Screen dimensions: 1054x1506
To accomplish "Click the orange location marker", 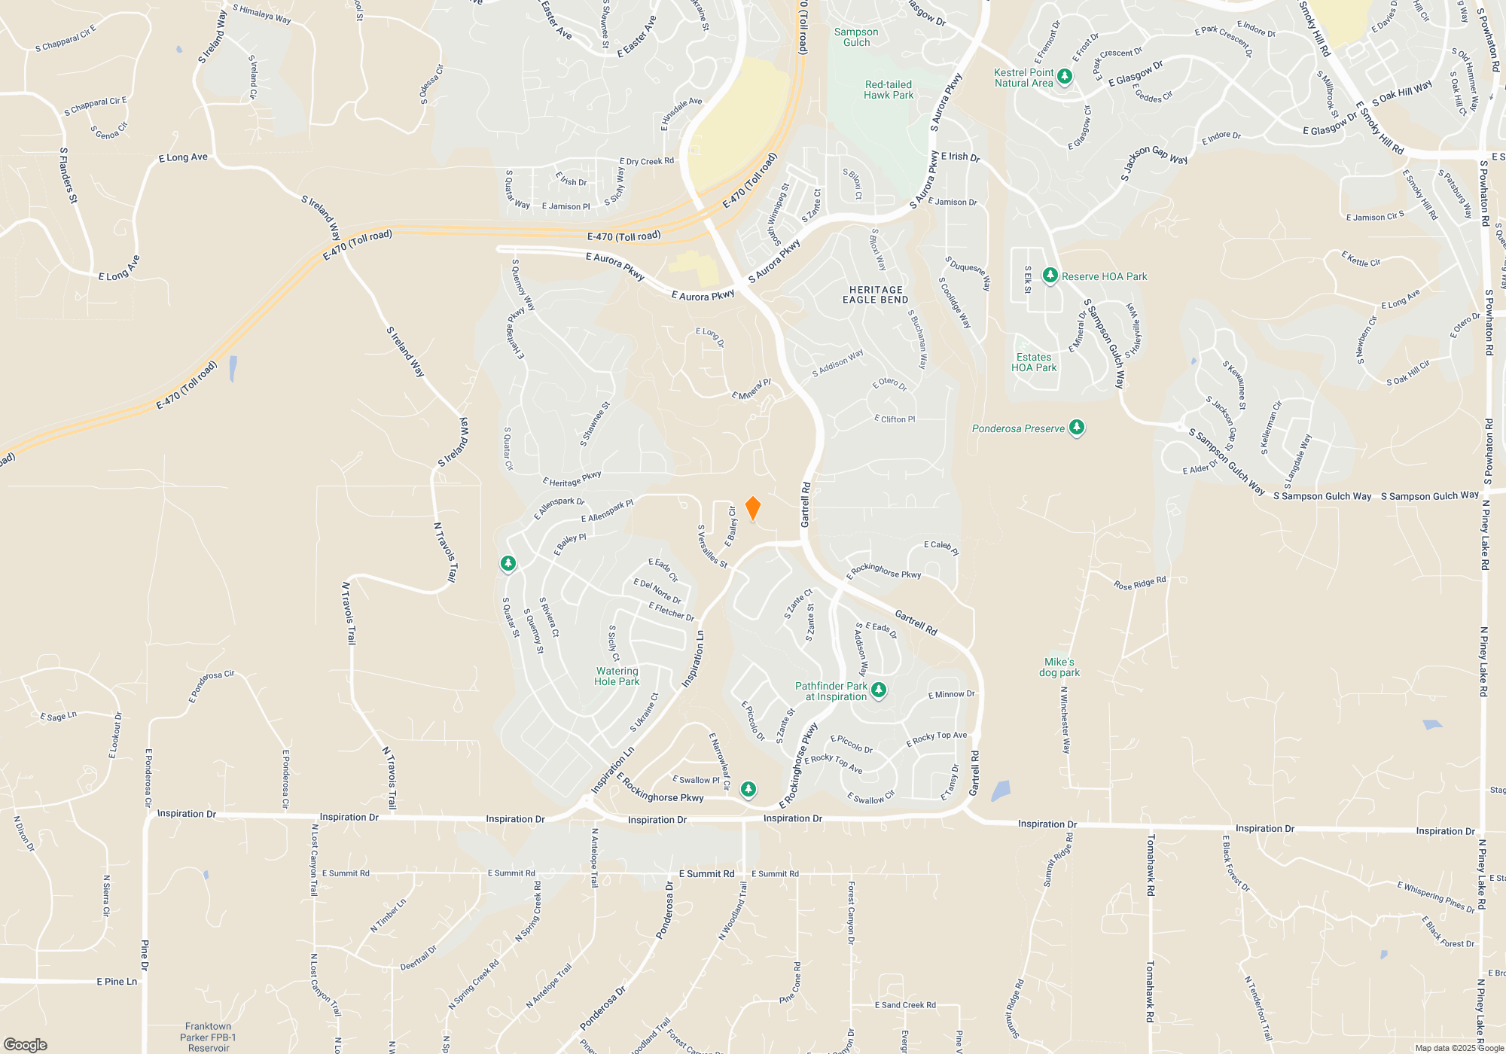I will [x=752, y=508].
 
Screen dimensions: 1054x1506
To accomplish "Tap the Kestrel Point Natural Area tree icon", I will [x=1065, y=76].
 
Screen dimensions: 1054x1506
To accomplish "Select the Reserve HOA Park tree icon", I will [x=1050, y=276].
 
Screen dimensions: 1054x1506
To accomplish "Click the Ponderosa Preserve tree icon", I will [x=1077, y=428].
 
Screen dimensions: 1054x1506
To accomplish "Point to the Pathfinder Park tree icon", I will [x=878, y=690].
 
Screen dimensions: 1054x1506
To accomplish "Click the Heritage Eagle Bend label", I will [x=875, y=294].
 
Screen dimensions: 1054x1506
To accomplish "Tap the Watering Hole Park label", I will [x=617, y=676].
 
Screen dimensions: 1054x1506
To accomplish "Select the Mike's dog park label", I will [x=1059, y=667].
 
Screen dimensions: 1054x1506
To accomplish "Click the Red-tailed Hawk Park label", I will [x=889, y=90].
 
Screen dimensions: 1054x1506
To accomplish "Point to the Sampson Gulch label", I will [x=856, y=37].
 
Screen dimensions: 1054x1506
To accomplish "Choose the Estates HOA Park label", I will [x=1034, y=362].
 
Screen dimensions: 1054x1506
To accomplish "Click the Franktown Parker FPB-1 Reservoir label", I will [x=209, y=1037].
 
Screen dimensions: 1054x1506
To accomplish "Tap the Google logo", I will [x=25, y=1044].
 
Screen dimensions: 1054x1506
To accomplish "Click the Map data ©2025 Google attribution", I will [x=1459, y=1048].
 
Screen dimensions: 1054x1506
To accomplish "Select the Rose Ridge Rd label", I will [x=1139, y=583].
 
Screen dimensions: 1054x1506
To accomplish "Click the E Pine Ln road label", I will [x=117, y=981].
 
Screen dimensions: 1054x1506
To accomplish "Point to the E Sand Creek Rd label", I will [x=905, y=1005].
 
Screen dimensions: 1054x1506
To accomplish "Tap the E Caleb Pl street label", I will [x=941, y=547].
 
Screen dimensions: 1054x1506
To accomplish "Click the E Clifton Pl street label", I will [x=895, y=419].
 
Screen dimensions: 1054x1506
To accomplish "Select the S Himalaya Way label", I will [x=261, y=14].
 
